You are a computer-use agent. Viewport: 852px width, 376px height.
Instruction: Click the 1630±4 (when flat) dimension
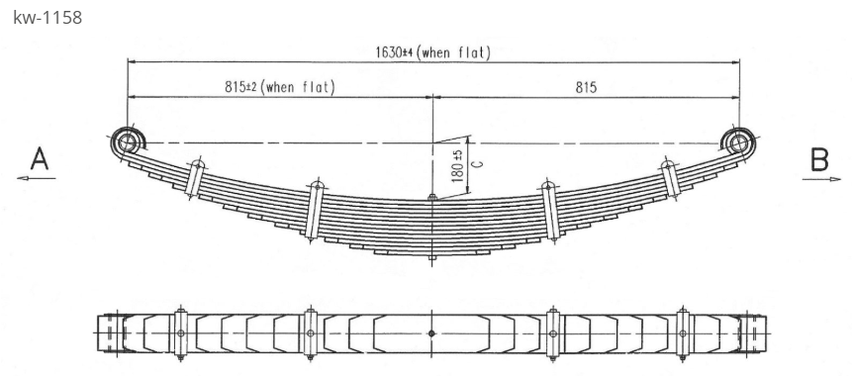click(432, 52)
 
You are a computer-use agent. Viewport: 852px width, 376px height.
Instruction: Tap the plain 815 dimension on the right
click(586, 87)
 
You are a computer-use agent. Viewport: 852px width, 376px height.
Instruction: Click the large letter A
click(39, 158)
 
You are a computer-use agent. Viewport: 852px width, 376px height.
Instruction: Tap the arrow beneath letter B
click(818, 179)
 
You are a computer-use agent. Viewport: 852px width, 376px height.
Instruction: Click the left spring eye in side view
click(127, 143)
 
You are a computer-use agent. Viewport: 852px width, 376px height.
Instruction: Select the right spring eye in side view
click(738, 143)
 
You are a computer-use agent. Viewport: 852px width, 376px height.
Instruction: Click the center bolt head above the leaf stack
click(432, 199)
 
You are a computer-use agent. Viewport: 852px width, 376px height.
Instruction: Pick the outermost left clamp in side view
click(196, 178)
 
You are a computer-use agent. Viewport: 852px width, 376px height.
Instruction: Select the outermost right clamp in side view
click(668, 179)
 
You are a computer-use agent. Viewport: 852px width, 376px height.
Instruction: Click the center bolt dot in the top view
click(431, 333)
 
